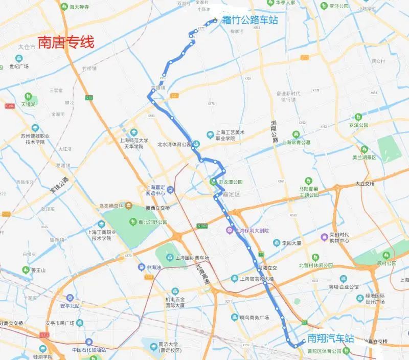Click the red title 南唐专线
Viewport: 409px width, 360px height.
click(66, 42)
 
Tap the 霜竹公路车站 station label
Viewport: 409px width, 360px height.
click(250, 20)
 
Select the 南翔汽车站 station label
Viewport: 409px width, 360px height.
click(331, 339)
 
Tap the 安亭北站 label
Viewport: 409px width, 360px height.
click(70, 306)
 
